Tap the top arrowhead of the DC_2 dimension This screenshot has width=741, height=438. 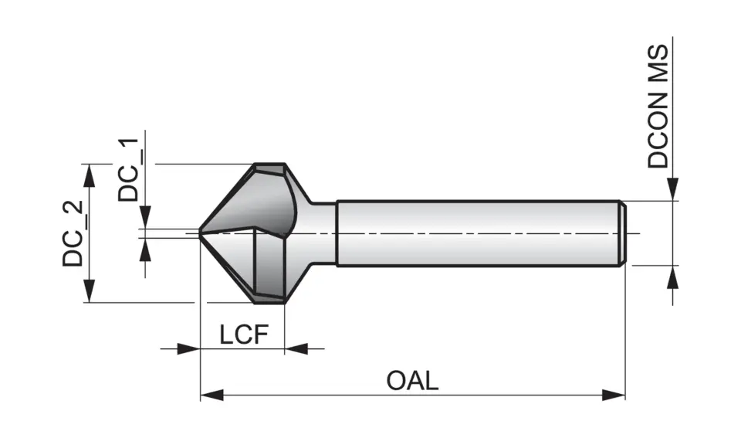click(90, 174)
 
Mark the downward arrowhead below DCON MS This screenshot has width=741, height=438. click(673, 190)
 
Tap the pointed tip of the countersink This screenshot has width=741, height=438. click(201, 233)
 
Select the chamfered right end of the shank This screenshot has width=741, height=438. click(621, 233)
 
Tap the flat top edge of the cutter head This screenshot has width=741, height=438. click(270, 166)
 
